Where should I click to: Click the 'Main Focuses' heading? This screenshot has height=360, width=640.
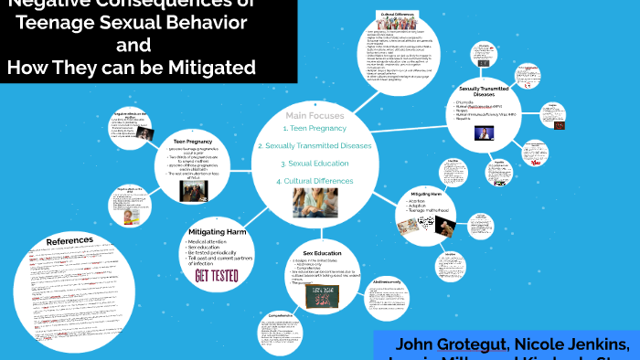(x=315, y=116)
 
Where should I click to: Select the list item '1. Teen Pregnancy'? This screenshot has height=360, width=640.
(x=315, y=129)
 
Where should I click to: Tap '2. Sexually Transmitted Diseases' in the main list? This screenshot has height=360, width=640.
(x=315, y=146)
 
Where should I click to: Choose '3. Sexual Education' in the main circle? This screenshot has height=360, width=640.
(x=315, y=164)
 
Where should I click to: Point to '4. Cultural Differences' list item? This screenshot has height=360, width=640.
(x=315, y=181)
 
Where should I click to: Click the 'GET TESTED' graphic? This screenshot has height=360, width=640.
(x=217, y=276)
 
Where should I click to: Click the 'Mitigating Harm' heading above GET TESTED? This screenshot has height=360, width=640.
(x=217, y=233)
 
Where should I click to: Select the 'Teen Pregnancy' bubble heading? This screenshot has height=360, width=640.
(x=193, y=143)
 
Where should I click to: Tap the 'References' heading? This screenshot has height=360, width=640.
(x=69, y=240)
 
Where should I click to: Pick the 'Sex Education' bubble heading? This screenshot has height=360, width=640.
(x=322, y=252)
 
